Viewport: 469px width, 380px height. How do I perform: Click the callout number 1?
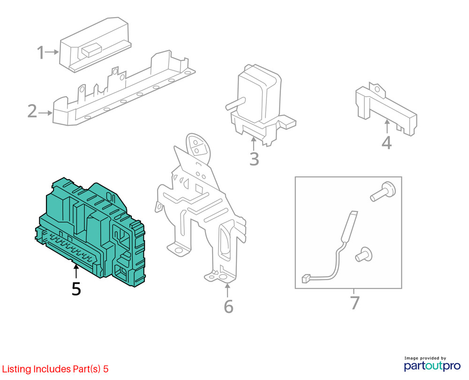pos(40,53)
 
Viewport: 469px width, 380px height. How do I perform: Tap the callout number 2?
pos(32,111)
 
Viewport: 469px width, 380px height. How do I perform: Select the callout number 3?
pos(254,159)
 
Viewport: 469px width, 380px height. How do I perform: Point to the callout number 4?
pos(386,143)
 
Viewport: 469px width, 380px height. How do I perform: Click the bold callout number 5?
pos(76,289)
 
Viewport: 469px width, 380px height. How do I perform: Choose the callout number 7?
pos(355,303)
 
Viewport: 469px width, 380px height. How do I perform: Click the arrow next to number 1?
pos(52,52)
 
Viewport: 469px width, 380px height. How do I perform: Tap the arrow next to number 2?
pos(45,113)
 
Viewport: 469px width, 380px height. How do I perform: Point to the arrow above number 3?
pos(254,144)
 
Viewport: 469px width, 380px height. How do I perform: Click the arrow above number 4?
pos(387,126)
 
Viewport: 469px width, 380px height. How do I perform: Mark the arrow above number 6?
pos(227,290)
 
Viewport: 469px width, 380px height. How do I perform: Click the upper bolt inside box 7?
pos(383,191)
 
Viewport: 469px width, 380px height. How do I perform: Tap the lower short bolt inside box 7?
pos(363,254)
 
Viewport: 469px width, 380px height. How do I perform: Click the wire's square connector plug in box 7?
pos(306,278)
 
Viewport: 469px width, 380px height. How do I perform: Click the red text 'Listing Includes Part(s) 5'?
pos(55,369)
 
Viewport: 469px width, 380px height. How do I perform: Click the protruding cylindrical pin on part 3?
pos(235,104)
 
